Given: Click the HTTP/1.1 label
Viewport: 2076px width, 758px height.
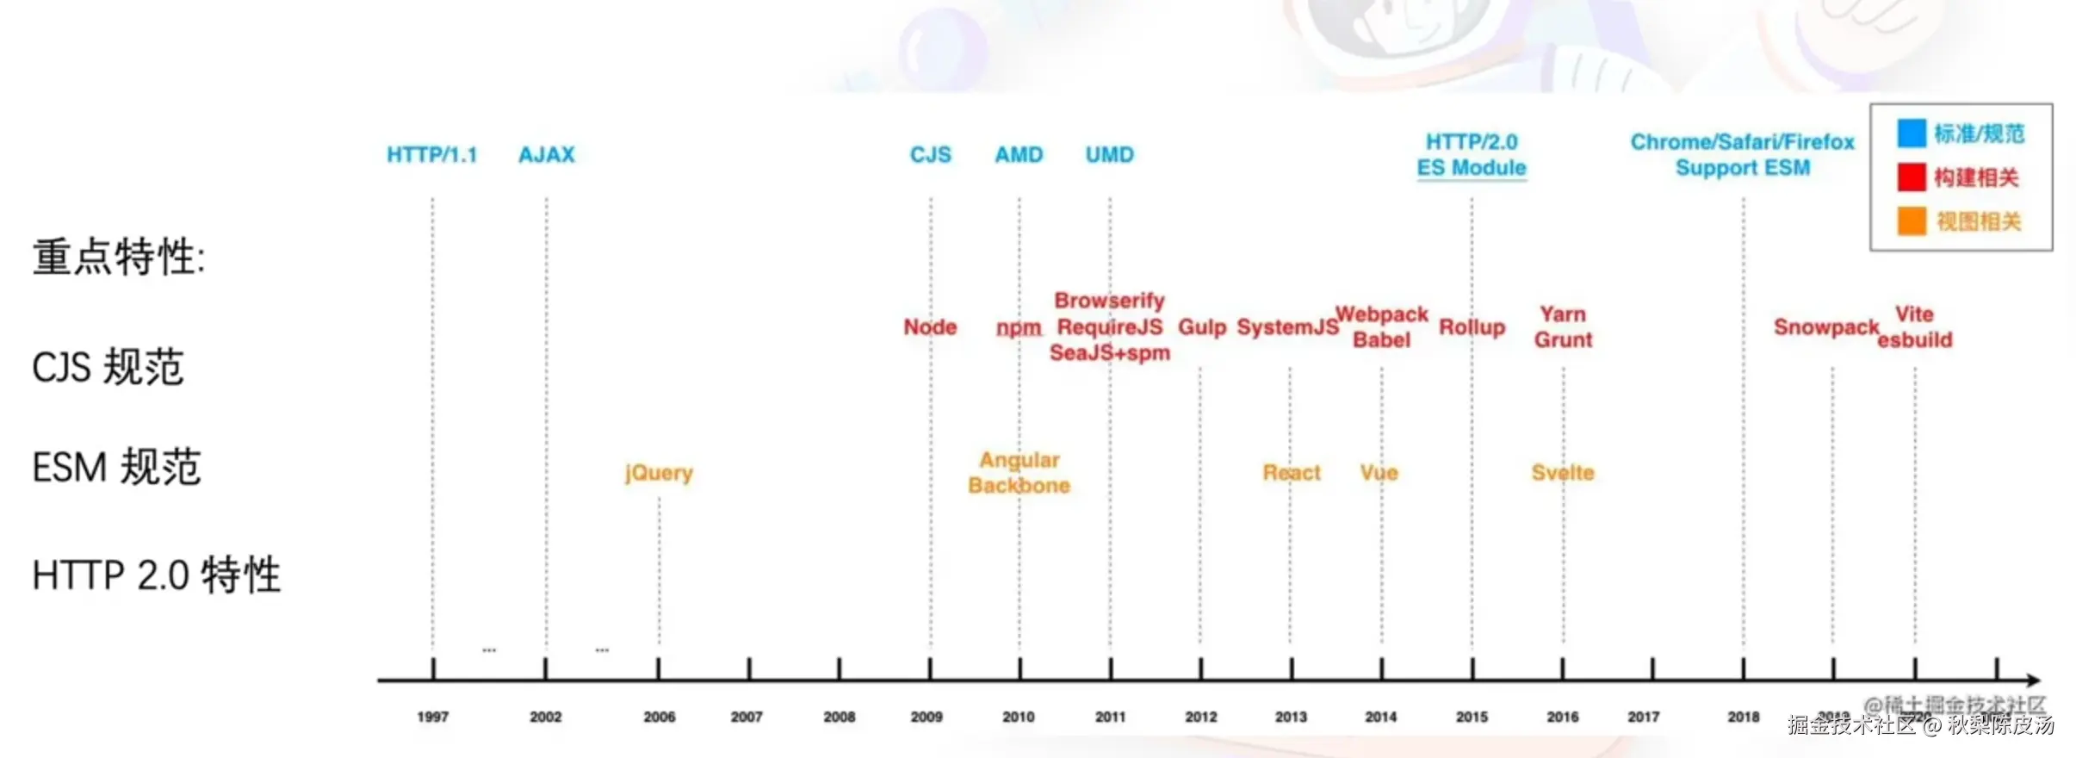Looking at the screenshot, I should point(431,155).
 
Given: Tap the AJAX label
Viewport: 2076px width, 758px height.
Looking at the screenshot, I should point(546,155).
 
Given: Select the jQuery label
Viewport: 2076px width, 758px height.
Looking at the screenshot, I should point(659,473).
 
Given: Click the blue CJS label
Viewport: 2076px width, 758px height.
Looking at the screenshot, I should point(930,155).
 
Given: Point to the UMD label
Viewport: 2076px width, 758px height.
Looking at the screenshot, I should point(1109,155).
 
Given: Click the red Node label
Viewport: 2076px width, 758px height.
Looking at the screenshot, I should point(930,327).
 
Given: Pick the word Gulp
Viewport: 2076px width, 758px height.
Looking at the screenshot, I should point(1201,327).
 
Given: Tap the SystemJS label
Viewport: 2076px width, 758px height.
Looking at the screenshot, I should point(1287,327).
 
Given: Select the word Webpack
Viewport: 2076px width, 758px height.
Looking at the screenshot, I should point(1381,314).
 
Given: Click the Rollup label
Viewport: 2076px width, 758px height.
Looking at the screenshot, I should point(1472,327).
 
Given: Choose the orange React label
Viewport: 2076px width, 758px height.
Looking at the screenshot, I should point(1291,473).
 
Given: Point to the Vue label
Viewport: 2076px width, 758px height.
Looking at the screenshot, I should point(1379,473).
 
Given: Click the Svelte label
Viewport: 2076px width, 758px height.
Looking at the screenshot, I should point(1562,473).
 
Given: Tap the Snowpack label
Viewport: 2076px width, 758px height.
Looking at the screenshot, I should point(1825,327).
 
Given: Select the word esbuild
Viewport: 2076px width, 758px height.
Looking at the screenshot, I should point(1914,340).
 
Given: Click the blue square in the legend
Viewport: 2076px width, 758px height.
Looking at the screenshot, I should point(1911,134).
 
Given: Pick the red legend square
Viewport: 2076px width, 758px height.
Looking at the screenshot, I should point(1911,177).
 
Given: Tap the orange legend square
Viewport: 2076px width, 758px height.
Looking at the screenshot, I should point(1911,221).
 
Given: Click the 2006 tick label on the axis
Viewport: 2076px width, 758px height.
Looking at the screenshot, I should point(659,717).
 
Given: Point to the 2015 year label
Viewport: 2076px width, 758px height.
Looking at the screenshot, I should point(1472,717).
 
